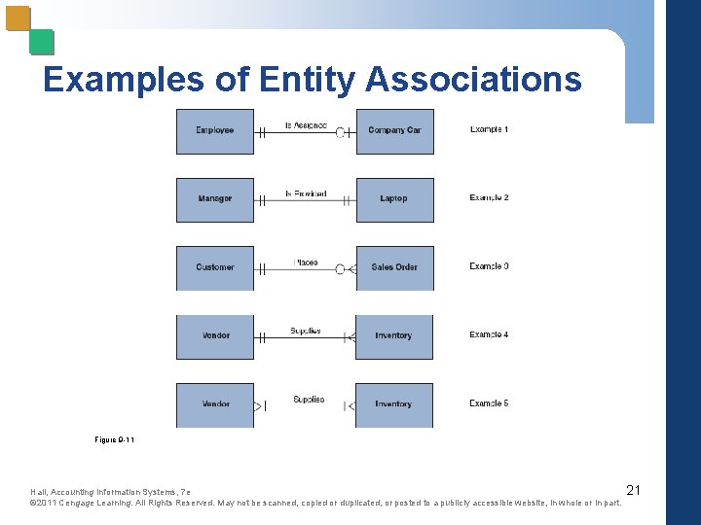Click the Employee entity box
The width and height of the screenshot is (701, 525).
pos(215,131)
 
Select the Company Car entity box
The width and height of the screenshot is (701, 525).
pos(394,131)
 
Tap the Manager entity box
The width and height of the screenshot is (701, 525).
pos(215,199)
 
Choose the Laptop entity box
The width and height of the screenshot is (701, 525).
pos(394,199)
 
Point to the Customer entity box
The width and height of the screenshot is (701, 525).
pos(215,267)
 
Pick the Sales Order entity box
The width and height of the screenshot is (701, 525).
pos(394,267)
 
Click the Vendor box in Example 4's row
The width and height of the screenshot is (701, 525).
pos(215,336)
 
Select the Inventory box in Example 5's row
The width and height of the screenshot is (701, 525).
pos(394,404)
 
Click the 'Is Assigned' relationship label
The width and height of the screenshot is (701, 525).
pos(305,125)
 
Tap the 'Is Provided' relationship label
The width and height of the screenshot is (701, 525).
pos(305,193)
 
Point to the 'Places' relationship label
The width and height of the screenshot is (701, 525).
pos(306,262)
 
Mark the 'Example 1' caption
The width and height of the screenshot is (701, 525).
pos(489,129)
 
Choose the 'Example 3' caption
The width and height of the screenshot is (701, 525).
pos(489,266)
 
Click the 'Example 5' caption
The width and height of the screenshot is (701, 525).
pos(489,403)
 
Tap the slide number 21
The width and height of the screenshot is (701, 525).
pos(633,490)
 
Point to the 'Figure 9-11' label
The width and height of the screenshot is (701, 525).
pos(114,440)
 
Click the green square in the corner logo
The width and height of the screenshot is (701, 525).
pos(42,42)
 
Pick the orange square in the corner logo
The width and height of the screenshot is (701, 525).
pos(18,18)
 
